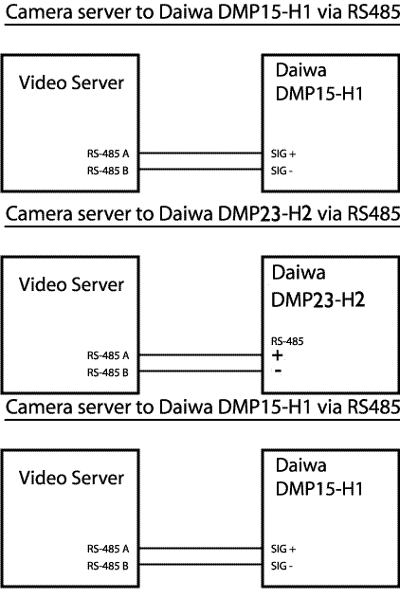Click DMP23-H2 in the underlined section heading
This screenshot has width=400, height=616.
(265, 214)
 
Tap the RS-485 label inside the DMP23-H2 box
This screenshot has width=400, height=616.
(287, 341)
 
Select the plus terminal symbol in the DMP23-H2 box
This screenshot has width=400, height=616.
(278, 355)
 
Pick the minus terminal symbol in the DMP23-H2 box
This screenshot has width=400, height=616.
(278, 371)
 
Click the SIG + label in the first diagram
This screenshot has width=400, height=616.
(283, 154)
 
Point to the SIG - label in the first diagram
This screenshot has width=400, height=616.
(282, 171)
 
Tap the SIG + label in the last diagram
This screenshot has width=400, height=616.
(283, 549)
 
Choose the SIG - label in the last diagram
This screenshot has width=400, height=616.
(282, 566)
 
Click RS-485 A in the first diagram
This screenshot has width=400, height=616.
(108, 154)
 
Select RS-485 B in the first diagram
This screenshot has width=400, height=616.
(108, 171)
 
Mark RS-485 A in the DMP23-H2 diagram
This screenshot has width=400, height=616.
(108, 355)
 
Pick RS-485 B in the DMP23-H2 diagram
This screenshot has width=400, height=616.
(108, 372)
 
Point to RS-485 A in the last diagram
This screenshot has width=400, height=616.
(108, 549)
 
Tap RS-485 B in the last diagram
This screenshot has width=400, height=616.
(108, 566)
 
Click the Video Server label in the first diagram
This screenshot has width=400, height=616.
(71, 82)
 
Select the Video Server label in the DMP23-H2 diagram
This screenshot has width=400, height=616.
(71, 285)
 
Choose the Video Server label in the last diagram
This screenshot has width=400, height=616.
(71, 478)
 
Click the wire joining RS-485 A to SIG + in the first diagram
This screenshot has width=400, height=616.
(201, 154)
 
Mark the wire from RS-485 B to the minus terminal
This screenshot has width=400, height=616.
(201, 371)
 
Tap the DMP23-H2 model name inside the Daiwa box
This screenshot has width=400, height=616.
(318, 299)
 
